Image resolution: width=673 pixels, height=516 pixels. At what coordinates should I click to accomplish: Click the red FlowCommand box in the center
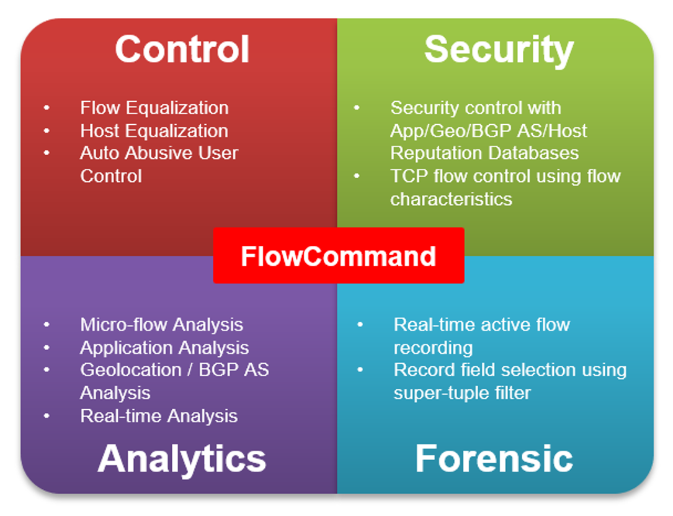(338, 256)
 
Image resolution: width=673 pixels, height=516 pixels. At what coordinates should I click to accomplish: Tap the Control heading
(182, 49)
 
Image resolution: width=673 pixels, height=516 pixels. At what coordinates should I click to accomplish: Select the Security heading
(499, 49)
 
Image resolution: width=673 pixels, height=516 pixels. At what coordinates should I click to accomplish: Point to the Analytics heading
(182, 459)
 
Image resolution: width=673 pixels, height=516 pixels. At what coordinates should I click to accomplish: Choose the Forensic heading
(494, 459)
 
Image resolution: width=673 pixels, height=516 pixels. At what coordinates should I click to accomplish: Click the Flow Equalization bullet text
(154, 108)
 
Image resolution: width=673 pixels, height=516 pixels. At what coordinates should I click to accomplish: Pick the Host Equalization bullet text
(154, 131)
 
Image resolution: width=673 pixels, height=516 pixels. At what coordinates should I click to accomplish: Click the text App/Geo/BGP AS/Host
(488, 131)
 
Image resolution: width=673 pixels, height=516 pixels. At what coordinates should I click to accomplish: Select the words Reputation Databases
(484, 153)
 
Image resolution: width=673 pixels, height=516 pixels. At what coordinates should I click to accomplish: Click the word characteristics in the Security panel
(451, 199)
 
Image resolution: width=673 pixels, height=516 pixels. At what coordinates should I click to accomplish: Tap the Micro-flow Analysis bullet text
(161, 325)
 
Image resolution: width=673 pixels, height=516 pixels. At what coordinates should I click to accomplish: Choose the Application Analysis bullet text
(164, 348)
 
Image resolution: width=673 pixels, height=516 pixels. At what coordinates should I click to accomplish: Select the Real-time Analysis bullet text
(159, 416)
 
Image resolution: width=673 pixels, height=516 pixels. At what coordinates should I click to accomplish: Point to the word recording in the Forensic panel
(433, 348)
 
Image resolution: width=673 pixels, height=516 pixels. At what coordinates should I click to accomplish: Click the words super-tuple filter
(462, 393)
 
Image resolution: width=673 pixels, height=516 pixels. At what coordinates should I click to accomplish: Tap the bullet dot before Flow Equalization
(47, 108)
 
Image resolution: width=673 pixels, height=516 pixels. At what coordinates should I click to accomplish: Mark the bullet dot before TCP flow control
(357, 176)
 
